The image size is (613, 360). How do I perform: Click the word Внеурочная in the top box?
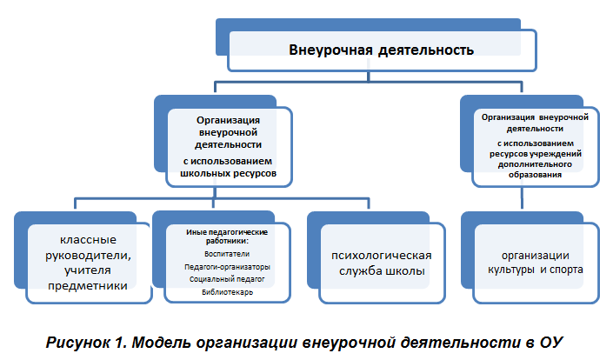tap(330, 50)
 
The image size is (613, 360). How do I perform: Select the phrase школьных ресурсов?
tap(229, 173)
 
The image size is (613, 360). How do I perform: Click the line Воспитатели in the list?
tap(227, 254)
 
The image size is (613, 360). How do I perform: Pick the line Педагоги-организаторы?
tap(227, 267)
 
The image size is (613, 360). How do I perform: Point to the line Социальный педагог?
tap(227, 279)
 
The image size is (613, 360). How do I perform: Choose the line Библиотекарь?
tap(227, 292)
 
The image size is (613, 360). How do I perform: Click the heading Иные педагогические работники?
tap(227, 237)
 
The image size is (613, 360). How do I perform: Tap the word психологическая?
tap(382, 256)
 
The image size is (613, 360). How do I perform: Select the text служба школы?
tap(382, 271)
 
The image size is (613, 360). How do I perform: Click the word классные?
tap(88, 240)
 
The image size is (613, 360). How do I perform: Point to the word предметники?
tap(88, 286)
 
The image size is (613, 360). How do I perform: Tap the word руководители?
tap(88, 256)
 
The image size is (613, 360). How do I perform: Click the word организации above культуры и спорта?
tap(536, 256)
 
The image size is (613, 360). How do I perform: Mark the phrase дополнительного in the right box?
tap(535, 164)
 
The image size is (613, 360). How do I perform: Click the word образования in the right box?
tap(535, 175)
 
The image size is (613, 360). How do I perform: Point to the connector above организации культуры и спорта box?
tap(522, 197)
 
